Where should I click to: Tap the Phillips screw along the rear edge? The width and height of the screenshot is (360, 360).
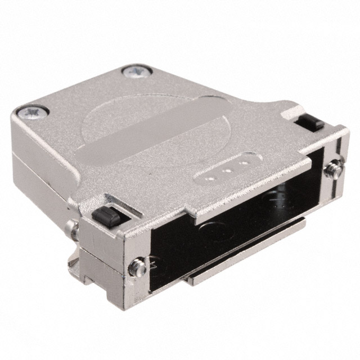pos(134,71)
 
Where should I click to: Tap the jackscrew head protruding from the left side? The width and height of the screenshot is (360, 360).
pos(70,228)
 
